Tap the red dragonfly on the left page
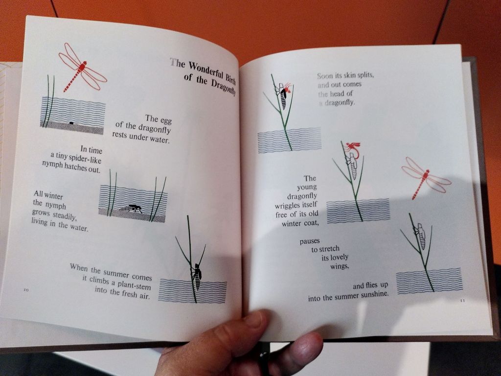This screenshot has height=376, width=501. [x=82, y=68]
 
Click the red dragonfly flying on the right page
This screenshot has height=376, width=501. [x=426, y=177]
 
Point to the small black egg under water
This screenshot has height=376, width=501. [x=71, y=123]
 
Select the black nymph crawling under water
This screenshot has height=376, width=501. [x=131, y=208]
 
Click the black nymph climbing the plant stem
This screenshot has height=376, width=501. [x=197, y=275]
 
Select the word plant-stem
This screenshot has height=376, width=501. [x=134, y=284]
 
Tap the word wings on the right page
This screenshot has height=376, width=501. [x=339, y=265]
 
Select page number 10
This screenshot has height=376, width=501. [x=26, y=290]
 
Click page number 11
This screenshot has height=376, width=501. [x=463, y=301]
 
